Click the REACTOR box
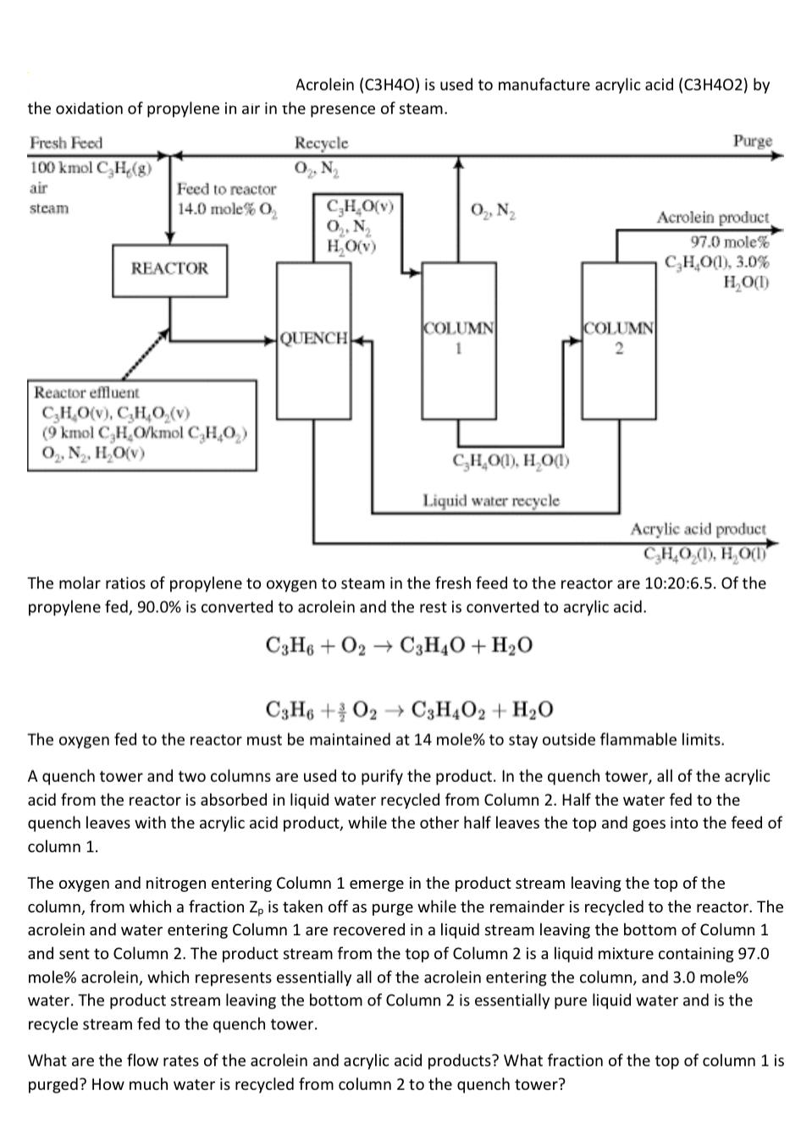169,270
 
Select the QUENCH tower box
313,339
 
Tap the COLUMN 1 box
459,339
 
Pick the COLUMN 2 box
618,339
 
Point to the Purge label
752,140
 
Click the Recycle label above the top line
321,143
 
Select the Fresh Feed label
66,143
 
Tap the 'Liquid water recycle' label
491,500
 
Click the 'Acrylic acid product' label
698,529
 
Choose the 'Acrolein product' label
713,218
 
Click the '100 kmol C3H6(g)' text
91,167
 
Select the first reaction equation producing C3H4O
399,646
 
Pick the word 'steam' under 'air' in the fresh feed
49,208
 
